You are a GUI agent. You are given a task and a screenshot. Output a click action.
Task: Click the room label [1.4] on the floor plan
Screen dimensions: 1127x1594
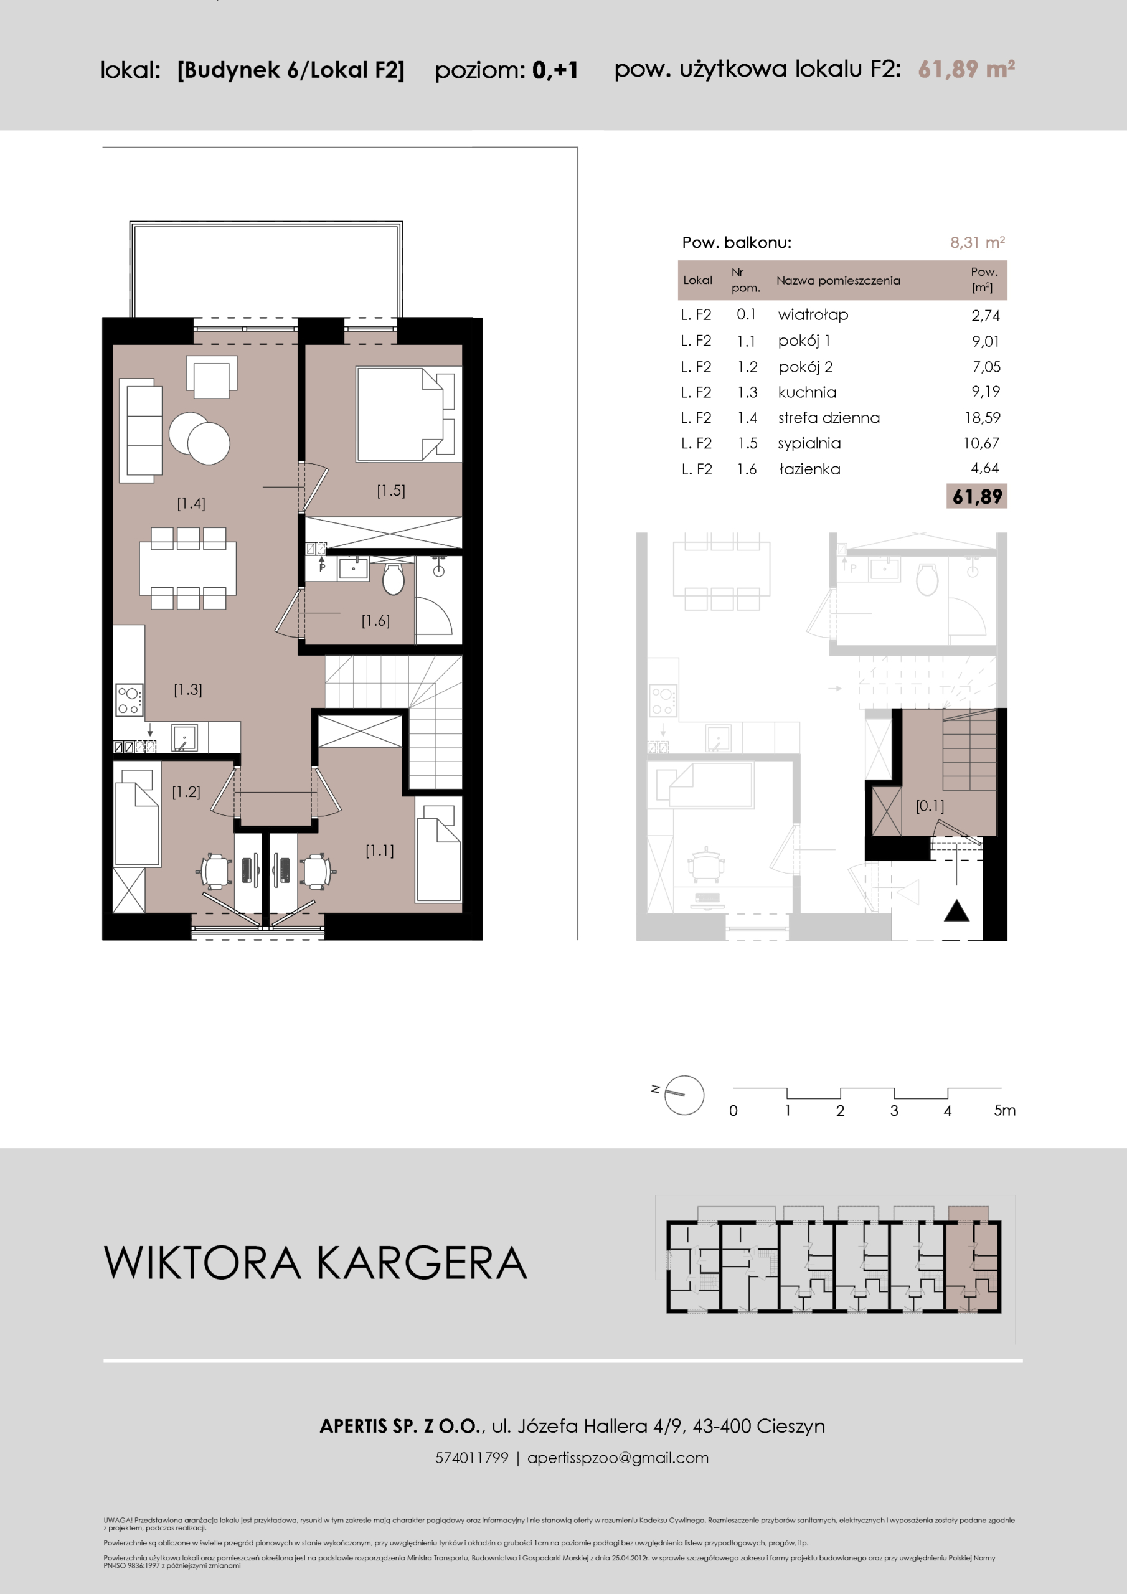click(191, 503)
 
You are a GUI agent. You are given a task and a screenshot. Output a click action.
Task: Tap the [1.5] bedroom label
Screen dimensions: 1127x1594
click(391, 490)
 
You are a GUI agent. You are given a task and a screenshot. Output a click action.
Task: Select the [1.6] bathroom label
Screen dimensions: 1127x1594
click(375, 621)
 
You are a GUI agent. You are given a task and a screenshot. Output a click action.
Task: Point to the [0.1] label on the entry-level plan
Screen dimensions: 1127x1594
click(930, 806)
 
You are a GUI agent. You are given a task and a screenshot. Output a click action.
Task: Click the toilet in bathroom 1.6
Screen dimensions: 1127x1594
click(393, 578)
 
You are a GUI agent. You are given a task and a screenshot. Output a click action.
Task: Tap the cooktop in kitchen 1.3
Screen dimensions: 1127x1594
click(129, 700)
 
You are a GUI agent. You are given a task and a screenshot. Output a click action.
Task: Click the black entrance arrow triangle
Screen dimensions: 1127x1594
click(956, 911)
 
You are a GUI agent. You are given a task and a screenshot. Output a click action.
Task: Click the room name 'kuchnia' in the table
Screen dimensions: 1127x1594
click(807, 392)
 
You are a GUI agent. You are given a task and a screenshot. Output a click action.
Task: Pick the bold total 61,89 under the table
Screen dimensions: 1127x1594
click(977, 496)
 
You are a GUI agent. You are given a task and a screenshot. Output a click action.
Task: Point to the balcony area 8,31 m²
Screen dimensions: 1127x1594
click(978, 242)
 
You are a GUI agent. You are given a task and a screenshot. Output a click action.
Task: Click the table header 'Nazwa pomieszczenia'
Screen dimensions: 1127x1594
click(838, 280)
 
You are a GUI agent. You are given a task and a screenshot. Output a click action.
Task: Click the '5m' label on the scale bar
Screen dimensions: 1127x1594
click(1005, 1110)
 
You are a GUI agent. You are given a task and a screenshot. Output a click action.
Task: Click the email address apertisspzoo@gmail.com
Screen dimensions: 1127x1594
click(618, 1458)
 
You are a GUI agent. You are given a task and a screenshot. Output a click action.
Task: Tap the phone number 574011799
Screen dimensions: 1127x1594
click(472, 1458)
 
